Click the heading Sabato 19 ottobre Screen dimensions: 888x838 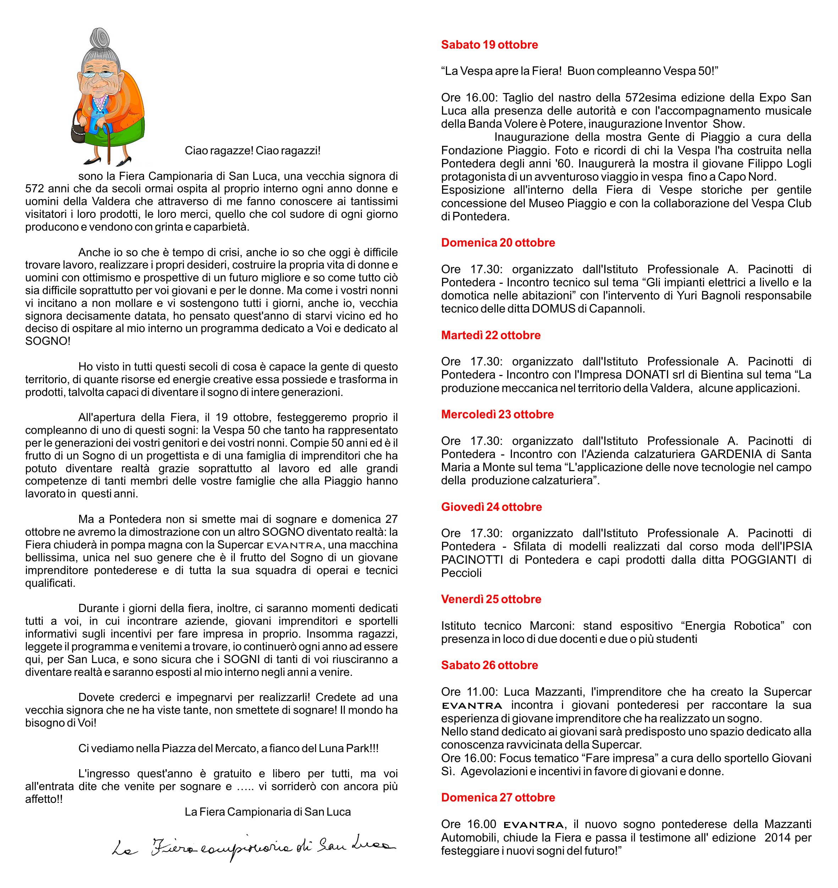[489, 45]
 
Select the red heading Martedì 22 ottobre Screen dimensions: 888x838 [490, 335]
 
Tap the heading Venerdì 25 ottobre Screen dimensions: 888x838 [491, 599]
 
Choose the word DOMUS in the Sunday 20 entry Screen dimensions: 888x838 [553, 309]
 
